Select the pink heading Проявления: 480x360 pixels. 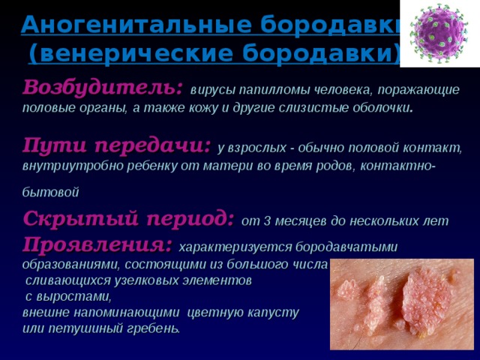click(97, 244)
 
